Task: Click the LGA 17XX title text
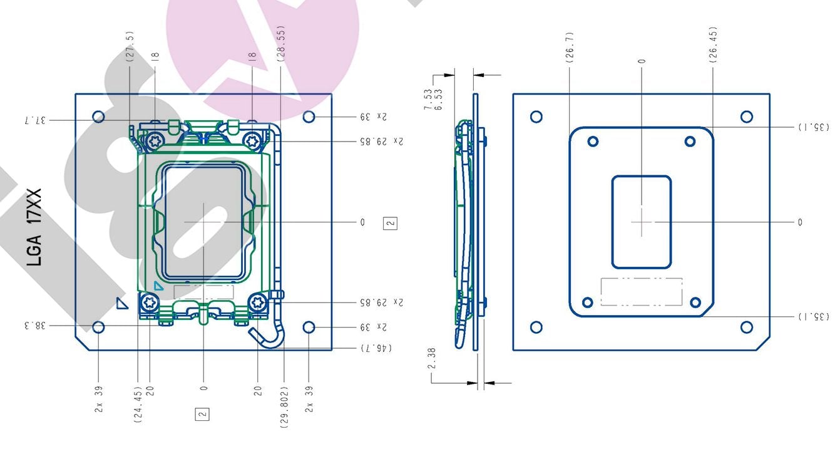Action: (x=35, y=227)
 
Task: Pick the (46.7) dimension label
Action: (x=376, y=347)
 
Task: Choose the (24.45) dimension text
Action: (x=138, y=404)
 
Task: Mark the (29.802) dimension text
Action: (x=284, y=406)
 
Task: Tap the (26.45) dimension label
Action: (x=713, y=44)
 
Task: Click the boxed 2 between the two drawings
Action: (x=391, y=222)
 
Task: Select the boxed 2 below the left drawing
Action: (x=202, y=413)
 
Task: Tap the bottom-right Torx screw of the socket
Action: (x=257, y=303)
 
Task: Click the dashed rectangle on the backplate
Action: (x=641, y=292)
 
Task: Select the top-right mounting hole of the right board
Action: (x=746, y=116)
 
